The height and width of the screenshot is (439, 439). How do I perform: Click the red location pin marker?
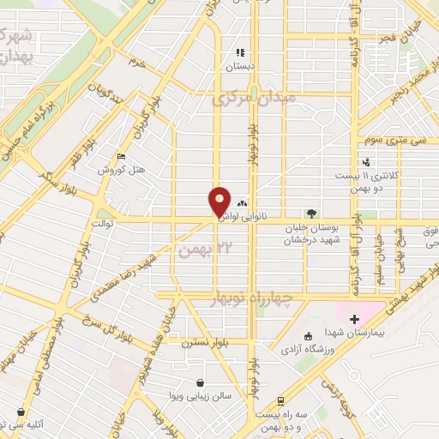click(x=219, y=202)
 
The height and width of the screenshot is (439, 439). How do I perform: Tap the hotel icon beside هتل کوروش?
click(x=121, y=157)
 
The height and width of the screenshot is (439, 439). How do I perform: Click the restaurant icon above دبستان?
click(x=240, y=51)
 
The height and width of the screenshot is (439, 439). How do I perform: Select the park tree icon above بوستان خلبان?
click(x=310, y=213)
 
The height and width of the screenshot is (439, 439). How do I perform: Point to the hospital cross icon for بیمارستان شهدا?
click(x=352, y=319)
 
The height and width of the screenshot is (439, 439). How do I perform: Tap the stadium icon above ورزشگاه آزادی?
click(x=308, y=336)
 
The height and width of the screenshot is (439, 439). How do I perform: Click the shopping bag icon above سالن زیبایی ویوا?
click(x=200, y=382)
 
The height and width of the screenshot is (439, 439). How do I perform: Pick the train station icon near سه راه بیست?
click(x=280, y=400)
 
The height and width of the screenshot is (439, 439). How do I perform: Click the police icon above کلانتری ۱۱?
click(x=366, y=162)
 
